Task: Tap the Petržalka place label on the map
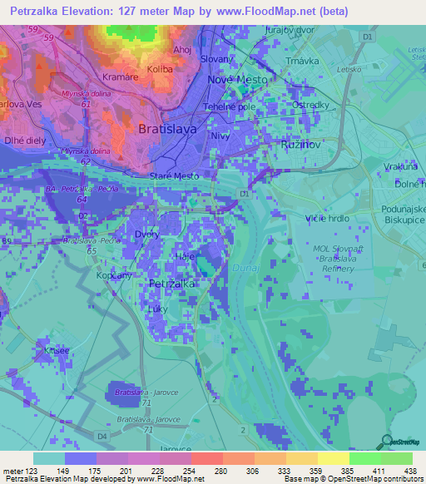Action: click(171, 284)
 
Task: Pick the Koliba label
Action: click(159, 70)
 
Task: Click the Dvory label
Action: click(146, 235)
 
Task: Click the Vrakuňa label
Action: click(400, 165)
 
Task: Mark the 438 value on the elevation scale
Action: click(409, 470)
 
